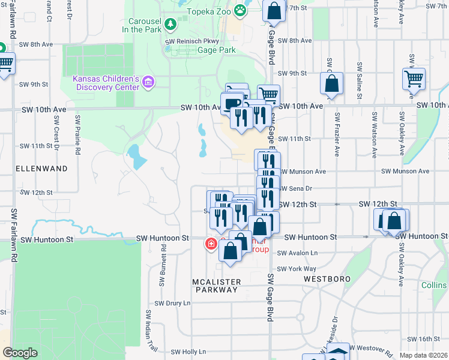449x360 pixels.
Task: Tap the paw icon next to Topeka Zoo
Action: (x=240, y=10)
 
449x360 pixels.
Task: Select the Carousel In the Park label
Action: (x=142, y=25)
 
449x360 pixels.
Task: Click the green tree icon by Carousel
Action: (x=171, y=24)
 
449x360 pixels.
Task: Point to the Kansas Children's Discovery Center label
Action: (x=106, y=82)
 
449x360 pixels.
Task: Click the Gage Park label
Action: (x=217, y=51)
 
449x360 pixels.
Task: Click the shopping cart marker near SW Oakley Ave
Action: (x=414, y=78)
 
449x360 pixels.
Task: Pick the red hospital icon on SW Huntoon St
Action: (x=211, y=244)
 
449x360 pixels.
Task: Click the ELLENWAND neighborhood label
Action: (x=41, y=169)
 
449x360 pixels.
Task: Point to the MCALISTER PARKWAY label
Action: (x=216, y=286)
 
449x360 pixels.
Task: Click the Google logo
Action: (x=20, y=353)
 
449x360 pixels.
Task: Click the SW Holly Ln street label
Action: (x=188, y=352)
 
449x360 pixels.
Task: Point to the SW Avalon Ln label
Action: (x=297, y=253)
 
